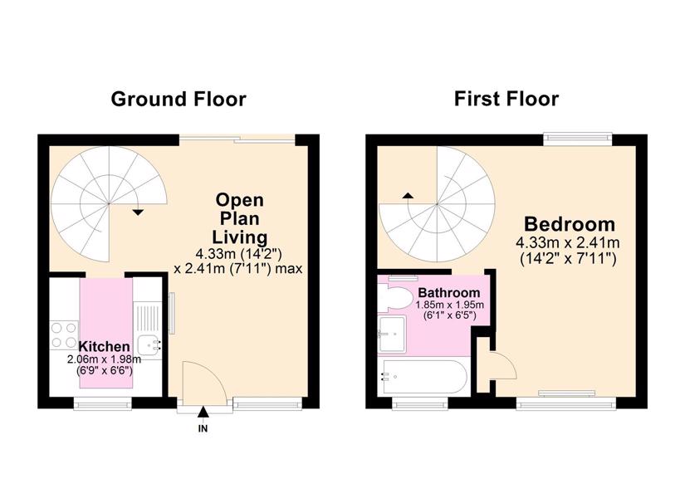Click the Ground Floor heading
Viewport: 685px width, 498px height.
(x=179, y=99)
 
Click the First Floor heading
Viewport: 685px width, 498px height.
(x=506, y=99)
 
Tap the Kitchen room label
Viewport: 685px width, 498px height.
(x=104, y=346)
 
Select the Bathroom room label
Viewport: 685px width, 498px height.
(x=449, y=292)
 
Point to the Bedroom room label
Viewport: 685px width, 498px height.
(x=570, y=224)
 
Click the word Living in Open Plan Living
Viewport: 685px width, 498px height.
(x=239, y=237)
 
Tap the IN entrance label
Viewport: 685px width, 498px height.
(x=203, y=428)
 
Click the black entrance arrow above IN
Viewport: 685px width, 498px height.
(x=203, y=412)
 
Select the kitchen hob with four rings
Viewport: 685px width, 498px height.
(x=64, y=335)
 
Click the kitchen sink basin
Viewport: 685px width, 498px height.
(x=149, y=345)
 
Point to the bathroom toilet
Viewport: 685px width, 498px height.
(x=395, y=297)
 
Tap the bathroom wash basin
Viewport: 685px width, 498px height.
(x=392, y=334)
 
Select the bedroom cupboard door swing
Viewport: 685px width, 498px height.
(x=504, y=365)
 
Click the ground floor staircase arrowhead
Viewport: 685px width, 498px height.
(x=138, y=212)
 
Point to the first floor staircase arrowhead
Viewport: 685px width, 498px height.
(x=408, y=196)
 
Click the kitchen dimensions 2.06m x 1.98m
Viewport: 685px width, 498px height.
(x=104, y=359)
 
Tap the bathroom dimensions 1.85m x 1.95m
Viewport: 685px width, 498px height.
(x=449, y=305)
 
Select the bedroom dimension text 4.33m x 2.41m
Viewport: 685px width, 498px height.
(x=567, y=242)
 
